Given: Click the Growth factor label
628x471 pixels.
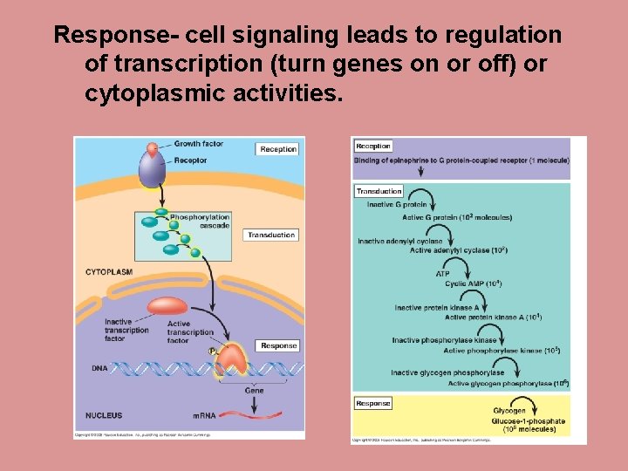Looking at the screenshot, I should pyautogui.click(x=198, y=144).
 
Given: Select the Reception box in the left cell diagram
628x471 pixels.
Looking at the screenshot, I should pyautogui.click(x=277, y=149).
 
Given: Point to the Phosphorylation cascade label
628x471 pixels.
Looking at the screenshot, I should pyautogui.click(x=200, y=222).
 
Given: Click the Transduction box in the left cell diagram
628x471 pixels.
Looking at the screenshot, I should pyautogui.click(x=271, y=235).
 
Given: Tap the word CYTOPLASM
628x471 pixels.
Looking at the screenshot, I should pyautogui.click(x=109, y=272).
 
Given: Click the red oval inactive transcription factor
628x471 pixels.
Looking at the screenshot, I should pyautogui.click(x=167, y=305).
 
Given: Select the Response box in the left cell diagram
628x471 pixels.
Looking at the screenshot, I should pyautogui.click(x=278, y=345).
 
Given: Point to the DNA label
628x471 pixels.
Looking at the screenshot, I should pyautogui.click(x=99, y=369).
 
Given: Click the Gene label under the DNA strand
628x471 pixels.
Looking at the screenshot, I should pyautogui.click(x=254, y=391).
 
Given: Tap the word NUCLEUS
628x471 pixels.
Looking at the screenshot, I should pyautogui.click(x=104, y=415).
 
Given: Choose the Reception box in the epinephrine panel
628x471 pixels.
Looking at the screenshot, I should pyautogui.click(x=373, y=147).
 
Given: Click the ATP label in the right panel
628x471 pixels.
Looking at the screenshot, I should pyautogui.click(x=443, y=274).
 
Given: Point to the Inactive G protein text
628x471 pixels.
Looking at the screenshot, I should pyautogui.click(x=397, y=205).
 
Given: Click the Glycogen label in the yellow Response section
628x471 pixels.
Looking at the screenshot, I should pyautogui.click(x=509, y=411).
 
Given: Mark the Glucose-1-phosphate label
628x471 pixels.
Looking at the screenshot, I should pyautogui.click(x=529, y=421).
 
